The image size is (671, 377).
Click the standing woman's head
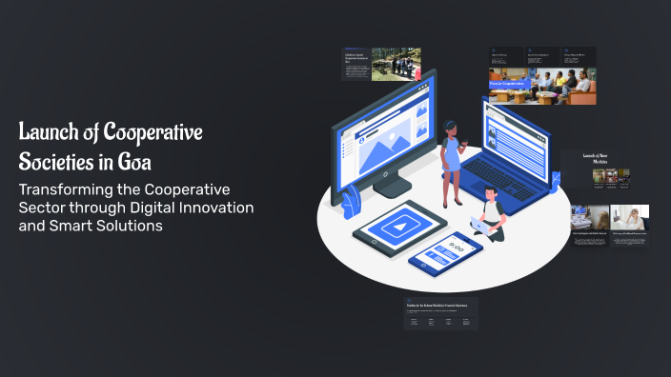(x=450, y=129)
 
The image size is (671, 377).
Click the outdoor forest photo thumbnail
(x=396, y=65)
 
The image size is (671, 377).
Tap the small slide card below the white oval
(x=440, y=314)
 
